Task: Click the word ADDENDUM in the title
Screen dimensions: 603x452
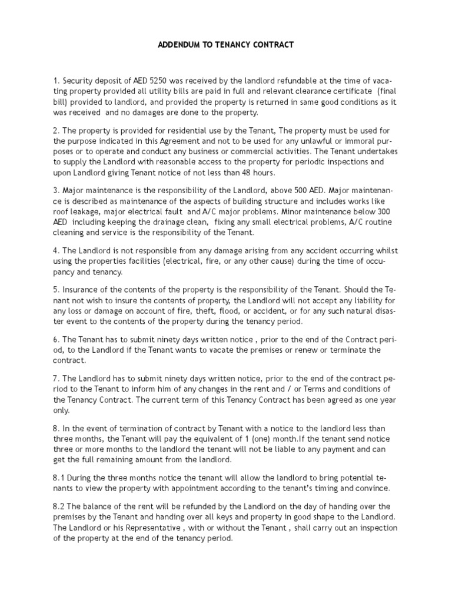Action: [x=177, y=45]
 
